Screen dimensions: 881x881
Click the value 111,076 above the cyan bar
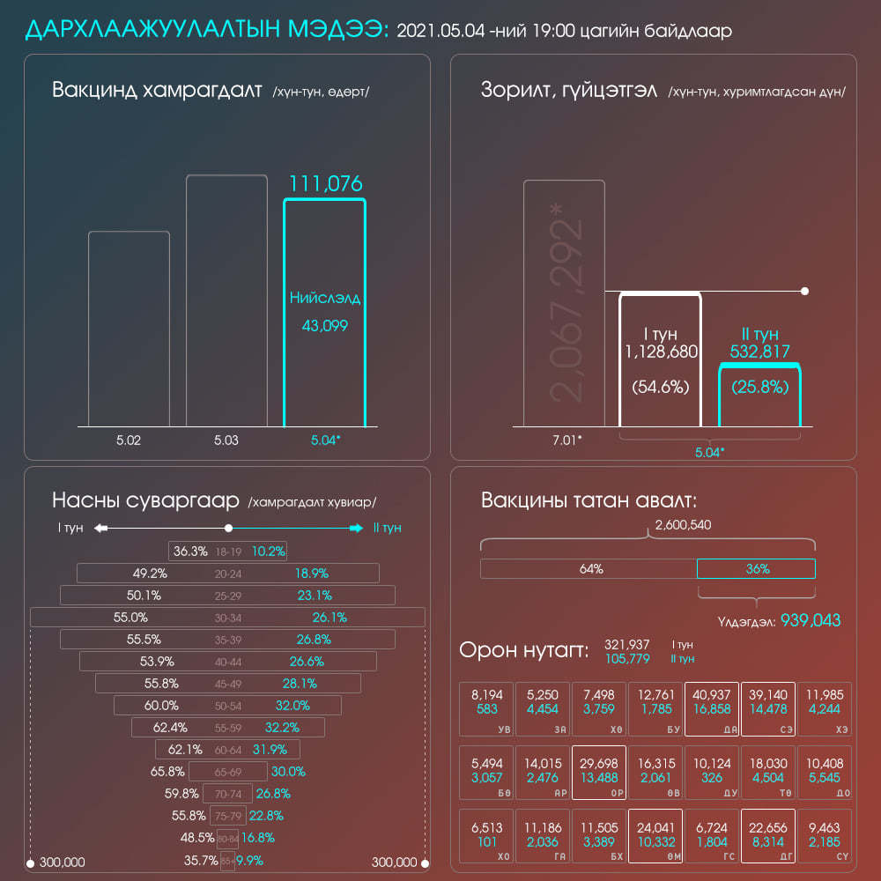(x=326, y=184)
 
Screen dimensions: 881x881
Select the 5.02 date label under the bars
(x=129, y=440)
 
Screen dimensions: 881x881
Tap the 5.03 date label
(x=226, y=440)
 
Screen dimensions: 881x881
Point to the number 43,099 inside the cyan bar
(x=324, y=326)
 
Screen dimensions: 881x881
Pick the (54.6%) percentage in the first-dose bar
(x=661, y=387)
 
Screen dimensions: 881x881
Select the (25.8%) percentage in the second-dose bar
(x=759, y=387)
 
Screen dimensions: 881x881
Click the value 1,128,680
(x=661, y=352)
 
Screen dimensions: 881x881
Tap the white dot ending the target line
(x=804, y=291)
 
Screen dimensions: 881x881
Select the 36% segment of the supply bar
(x=757, y=569)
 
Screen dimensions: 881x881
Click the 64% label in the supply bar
(x=591, y=569)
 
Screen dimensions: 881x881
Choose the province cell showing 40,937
(x=712, y=707)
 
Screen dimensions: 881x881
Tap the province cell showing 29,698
(x=599, y=772)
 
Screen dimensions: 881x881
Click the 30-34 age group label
(x=228, y=618)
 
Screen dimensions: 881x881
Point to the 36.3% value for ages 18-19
(x=189, y=552)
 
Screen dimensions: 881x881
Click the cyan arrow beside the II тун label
(x=355, y=528)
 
